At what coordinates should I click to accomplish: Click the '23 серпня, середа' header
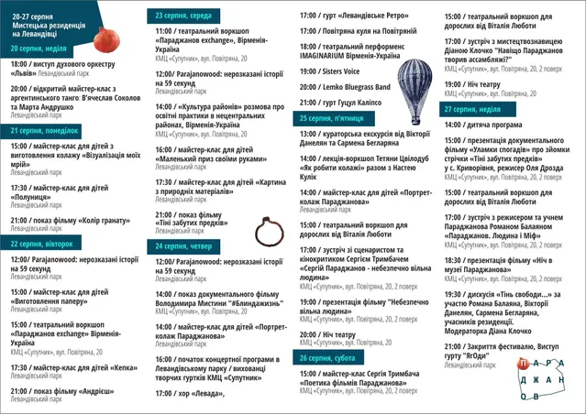coord(185,16)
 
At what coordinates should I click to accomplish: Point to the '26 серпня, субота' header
coord(327,358)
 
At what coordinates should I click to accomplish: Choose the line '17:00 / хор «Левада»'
coord(191,393)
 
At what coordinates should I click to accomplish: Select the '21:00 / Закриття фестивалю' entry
coord(514,349)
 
